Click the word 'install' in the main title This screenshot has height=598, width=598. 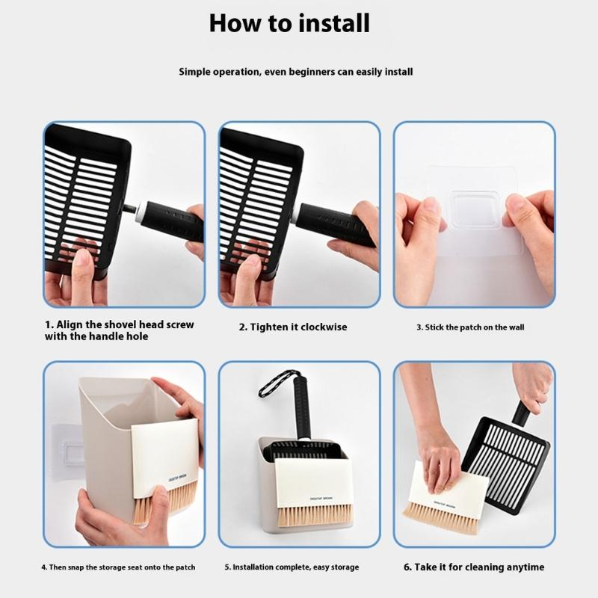tap(333, 23)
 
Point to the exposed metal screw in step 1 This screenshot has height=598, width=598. tap(130, 209)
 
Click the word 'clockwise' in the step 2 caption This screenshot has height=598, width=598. tap(324, 327)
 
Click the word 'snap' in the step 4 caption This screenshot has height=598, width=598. tap(75, 567)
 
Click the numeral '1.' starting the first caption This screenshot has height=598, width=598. tap(49, 324)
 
